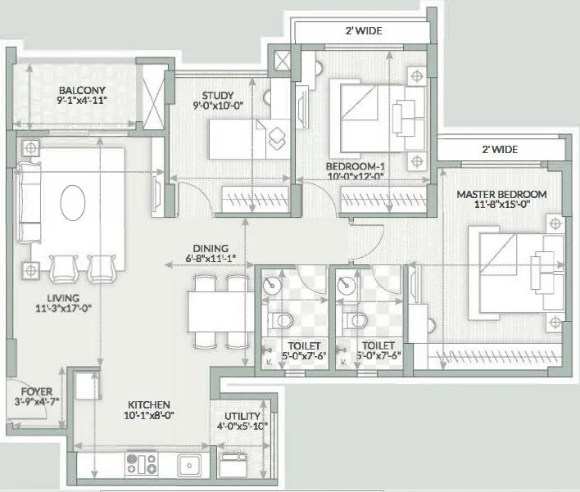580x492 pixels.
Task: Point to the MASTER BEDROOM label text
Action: [501, 194]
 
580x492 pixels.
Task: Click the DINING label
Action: [211, 250]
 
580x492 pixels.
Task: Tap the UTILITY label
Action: [241, 404]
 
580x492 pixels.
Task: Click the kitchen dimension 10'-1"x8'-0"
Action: [148, 416]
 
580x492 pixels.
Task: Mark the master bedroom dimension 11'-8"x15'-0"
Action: [501, 205]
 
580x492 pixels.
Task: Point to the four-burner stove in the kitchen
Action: [141, 463]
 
